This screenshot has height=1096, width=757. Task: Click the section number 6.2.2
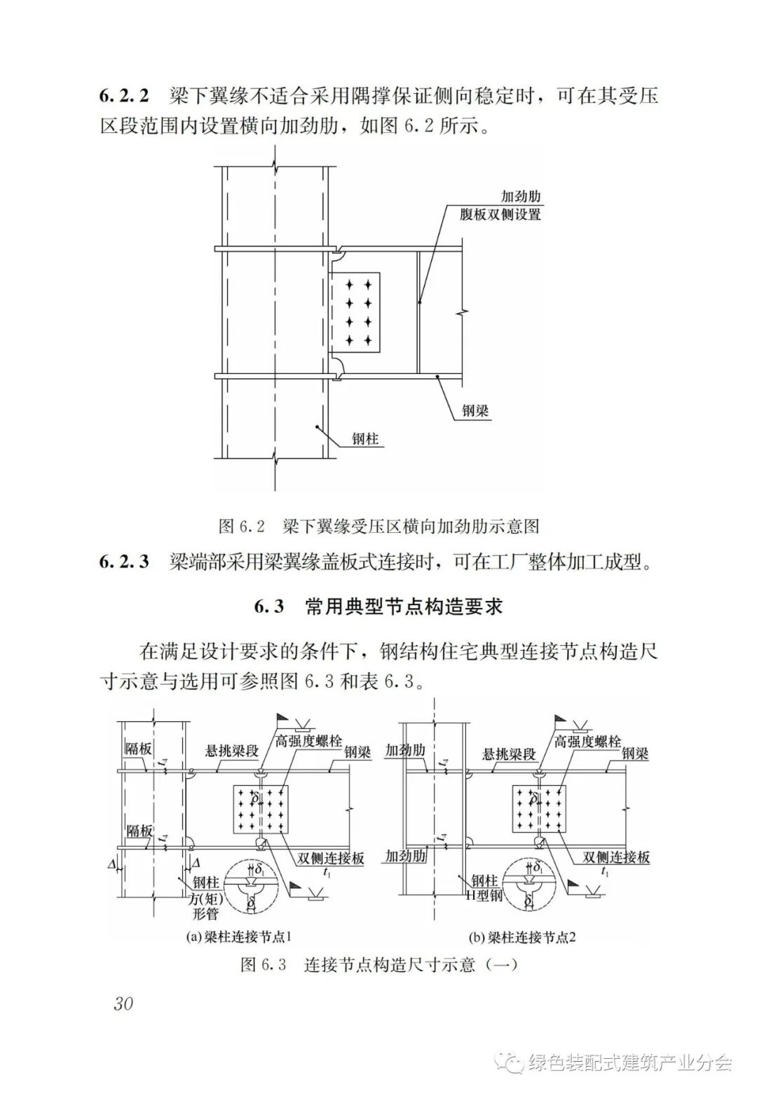[124, 96]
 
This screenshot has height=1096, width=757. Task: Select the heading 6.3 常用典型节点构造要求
[378, 606]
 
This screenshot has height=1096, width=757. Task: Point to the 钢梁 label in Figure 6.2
[475, 410]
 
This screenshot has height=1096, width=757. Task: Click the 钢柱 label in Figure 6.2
[365, 440]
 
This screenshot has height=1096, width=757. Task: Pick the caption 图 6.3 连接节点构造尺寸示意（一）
[378, 964]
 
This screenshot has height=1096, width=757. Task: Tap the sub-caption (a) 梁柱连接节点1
[238, 937]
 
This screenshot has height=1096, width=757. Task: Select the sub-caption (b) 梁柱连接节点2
[522, 937]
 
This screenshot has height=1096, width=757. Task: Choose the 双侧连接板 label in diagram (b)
[617, 857]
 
